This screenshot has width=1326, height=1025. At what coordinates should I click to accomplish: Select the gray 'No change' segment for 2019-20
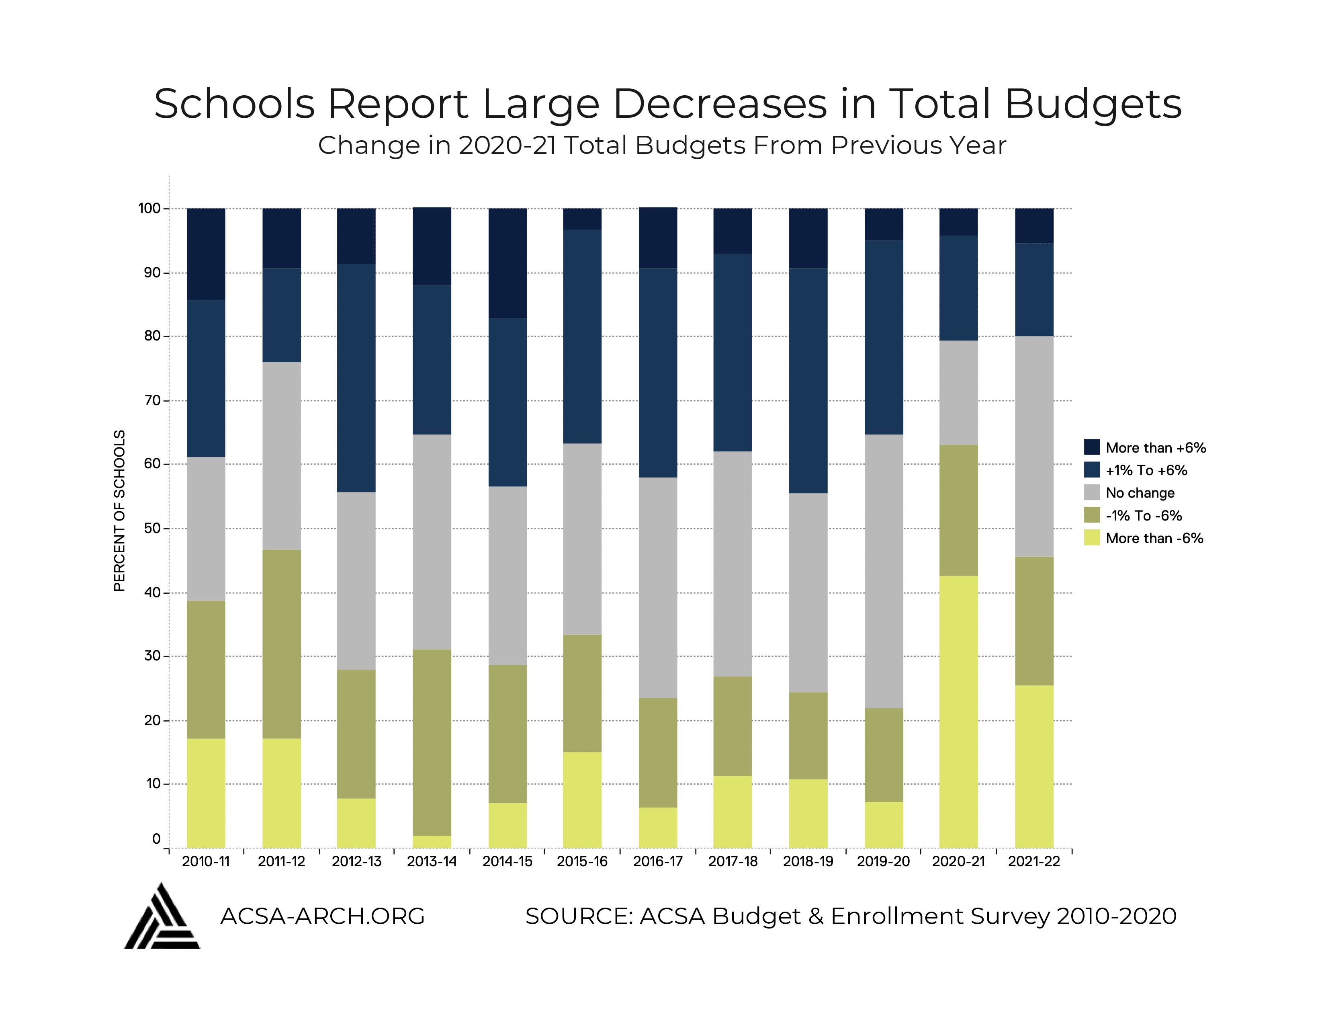tap(883, 571)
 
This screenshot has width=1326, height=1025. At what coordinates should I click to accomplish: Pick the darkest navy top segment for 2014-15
tap(507, 263)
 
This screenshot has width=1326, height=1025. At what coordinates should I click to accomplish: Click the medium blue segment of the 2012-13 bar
tap(356, 378)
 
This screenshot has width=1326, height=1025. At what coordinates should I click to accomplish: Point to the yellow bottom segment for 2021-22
tap(1034, 766)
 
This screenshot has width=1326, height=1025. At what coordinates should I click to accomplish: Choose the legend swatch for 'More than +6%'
tap(1092, 447)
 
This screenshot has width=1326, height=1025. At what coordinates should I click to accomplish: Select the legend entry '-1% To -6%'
tap(1143, 516)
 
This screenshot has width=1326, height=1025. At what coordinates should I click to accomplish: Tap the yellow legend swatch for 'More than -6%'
tap(1092, 538)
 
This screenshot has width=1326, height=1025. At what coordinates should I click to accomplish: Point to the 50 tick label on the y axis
tap(152, 528)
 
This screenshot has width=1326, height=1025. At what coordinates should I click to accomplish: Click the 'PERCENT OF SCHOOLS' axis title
tap(120, 510)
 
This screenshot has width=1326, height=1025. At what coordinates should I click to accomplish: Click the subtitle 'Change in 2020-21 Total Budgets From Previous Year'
tap(662, 146)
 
